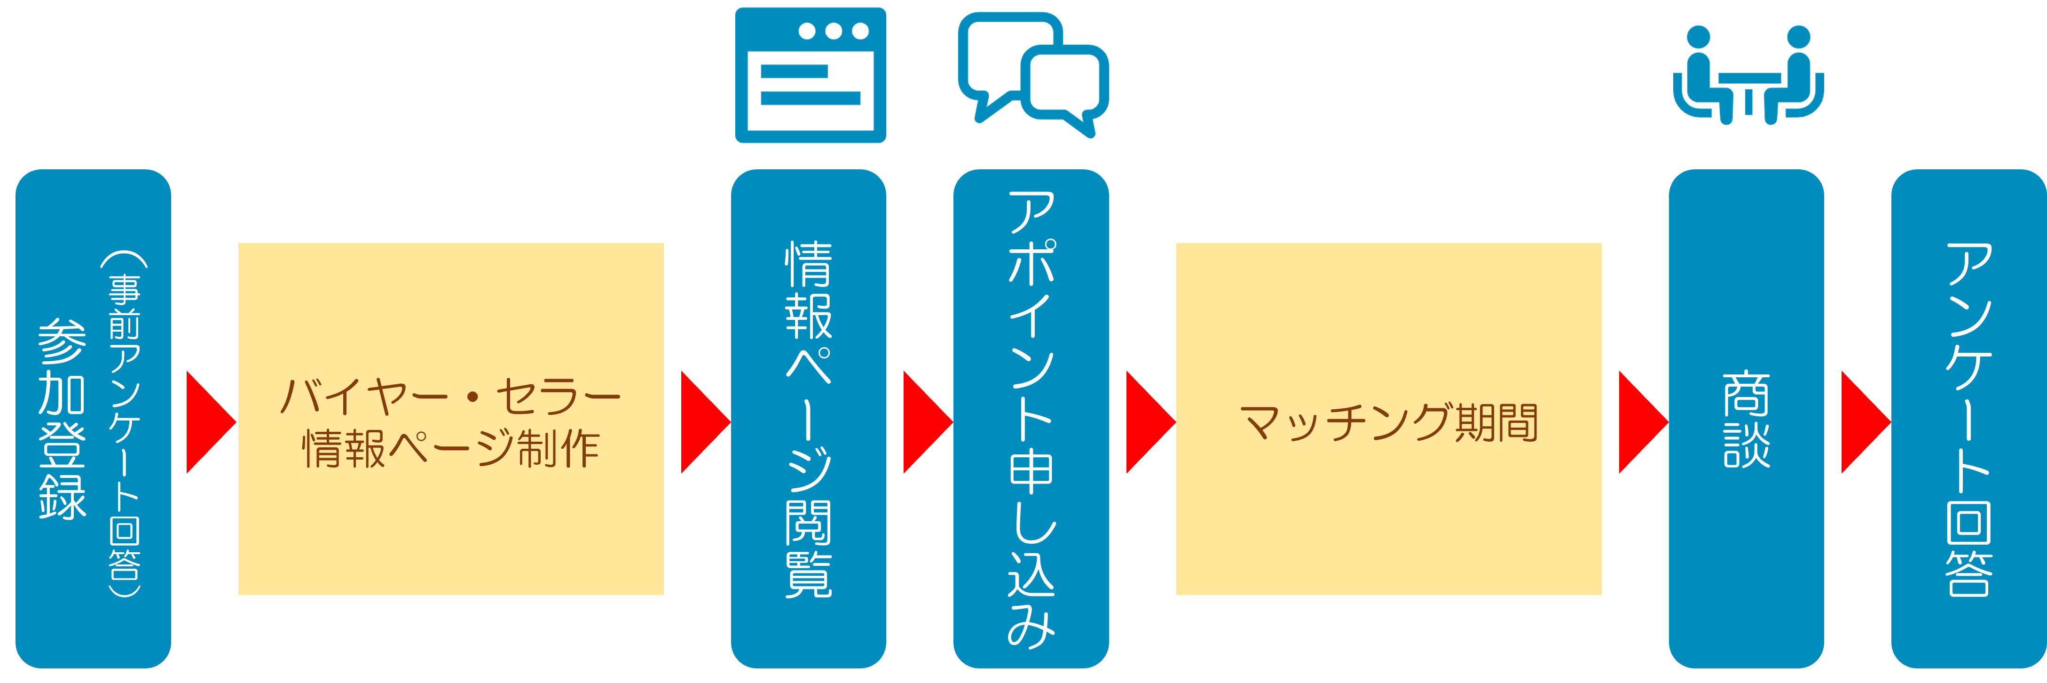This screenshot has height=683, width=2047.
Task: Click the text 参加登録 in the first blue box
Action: pos(62,419)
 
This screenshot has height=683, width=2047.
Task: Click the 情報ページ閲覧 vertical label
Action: pos(808,419)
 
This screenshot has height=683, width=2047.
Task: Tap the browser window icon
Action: pos(810,76)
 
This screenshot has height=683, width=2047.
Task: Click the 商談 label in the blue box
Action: pos(1746,419)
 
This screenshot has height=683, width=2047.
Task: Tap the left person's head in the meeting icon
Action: pos(1698,37)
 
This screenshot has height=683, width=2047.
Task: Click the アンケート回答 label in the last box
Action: pos(1968,419)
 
